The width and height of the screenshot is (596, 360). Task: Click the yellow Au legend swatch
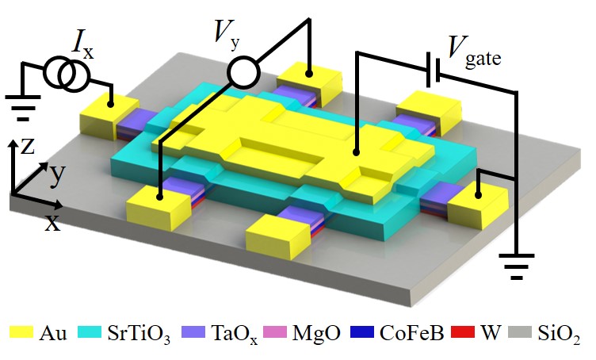point(20,331)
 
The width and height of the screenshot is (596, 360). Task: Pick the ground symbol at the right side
point(518,266)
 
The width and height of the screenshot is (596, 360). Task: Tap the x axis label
point(52,223)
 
